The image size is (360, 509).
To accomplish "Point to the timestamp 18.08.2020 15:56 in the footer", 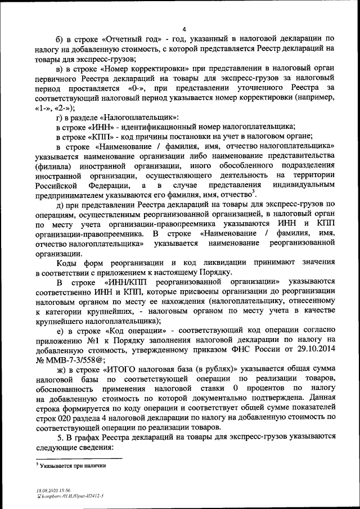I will click(49, 490).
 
